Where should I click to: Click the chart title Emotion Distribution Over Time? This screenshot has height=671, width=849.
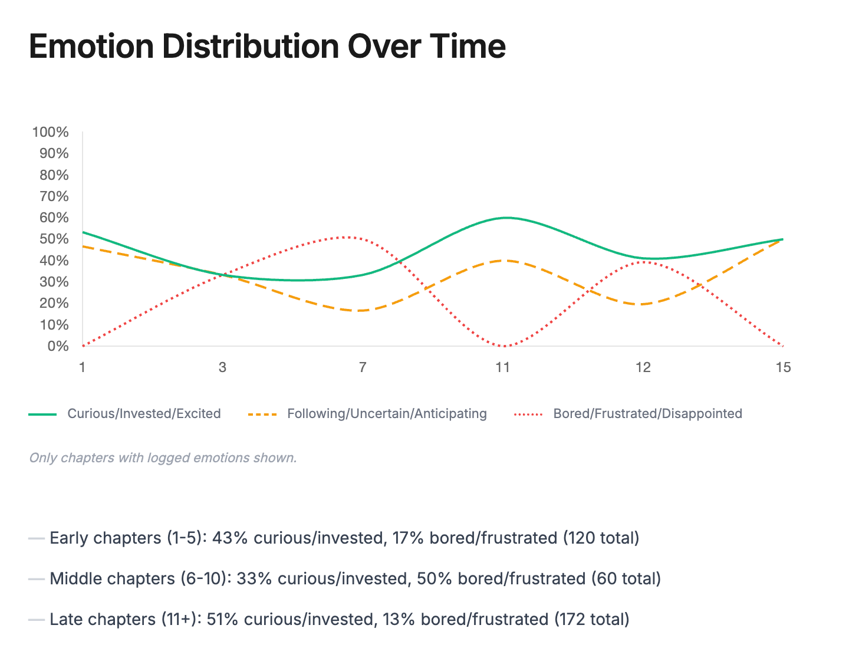pos(267,47)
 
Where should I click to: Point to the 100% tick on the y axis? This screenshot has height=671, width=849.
pos(51,132)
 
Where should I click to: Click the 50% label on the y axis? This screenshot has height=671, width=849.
pos(54,239)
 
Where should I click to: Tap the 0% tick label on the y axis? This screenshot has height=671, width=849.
pos(58,346)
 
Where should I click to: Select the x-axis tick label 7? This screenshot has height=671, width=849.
pos(363,367)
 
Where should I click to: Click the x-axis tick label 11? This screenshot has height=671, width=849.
pos(502,367)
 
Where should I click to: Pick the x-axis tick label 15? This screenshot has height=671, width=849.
pos(783,367)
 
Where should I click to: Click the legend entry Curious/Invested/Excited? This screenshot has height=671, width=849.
pos(144,413)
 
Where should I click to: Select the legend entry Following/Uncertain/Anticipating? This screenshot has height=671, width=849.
pos(387,413)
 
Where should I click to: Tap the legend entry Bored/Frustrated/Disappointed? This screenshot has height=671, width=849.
pos(647,413)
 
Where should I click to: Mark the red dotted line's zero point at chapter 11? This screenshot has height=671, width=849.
pos(503,346)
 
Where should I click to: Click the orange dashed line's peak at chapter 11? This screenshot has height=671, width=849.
pos(503,260)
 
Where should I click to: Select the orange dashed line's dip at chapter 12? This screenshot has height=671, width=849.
pos(643,304)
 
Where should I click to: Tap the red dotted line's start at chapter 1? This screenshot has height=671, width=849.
pos(83,346)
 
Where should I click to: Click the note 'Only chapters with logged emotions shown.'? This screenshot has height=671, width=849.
pos(163,458)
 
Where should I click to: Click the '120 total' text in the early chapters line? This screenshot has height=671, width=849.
pos(600,538)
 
